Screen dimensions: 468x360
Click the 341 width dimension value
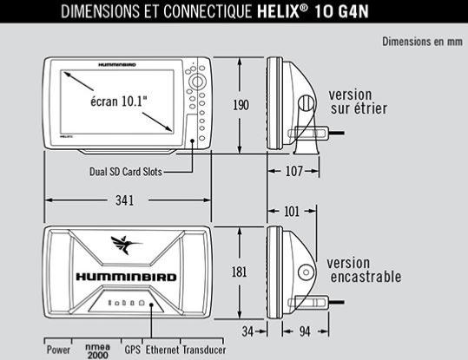(125, 200)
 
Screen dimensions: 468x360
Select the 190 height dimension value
(241, 105)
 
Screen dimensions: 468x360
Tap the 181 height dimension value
(240, 272)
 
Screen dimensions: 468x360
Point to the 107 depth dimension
(294, 171)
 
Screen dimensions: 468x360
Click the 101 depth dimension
(292, 212)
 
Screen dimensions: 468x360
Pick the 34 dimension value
(247, 331)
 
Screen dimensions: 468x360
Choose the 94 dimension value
(305, 331)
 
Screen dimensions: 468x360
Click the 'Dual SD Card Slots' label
(126, 172)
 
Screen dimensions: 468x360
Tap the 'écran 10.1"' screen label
(119, 101)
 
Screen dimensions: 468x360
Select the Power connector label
(58, 350)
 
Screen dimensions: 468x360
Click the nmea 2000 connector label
(97, 351)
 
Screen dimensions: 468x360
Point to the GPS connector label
(133, 350)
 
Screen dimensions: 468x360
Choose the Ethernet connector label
(162, 350)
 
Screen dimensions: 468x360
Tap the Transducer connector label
(204, 350)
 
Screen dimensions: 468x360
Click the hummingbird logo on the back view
(126, 245)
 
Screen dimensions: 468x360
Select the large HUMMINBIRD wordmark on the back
(126, 277)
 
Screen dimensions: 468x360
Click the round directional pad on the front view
(197, 82)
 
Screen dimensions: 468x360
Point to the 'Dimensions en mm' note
(422, 42)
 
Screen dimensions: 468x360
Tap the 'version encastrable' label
(364, 270)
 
